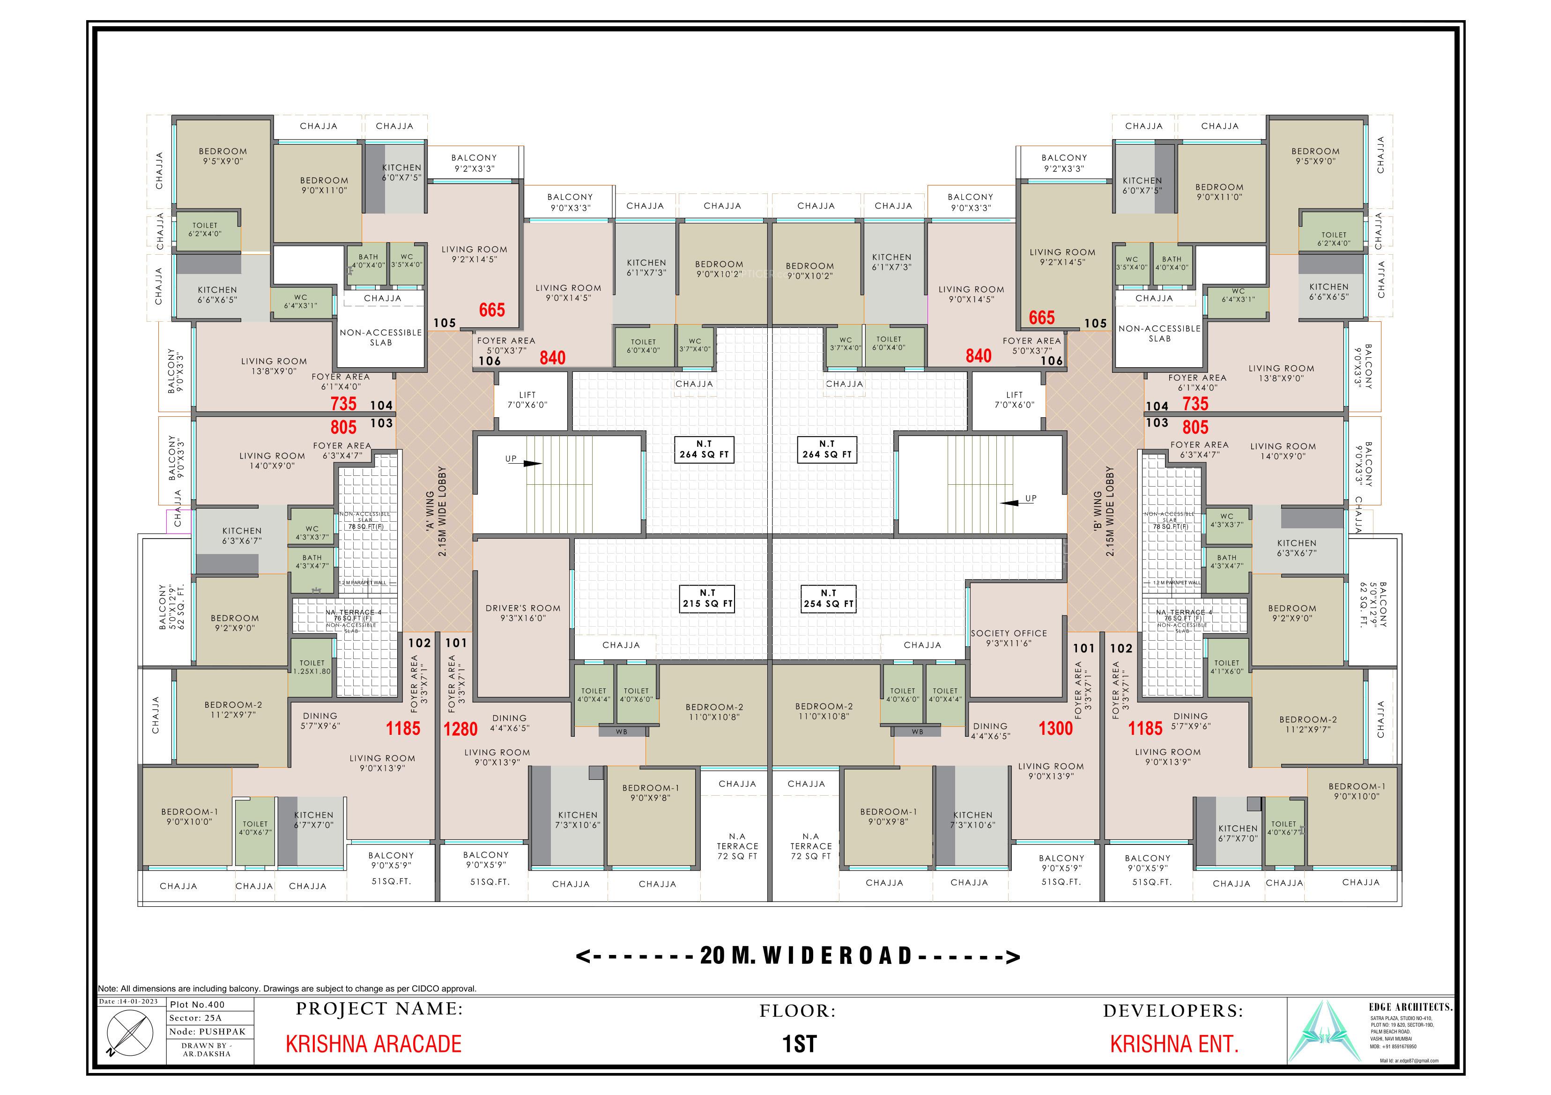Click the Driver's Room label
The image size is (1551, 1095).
click(523, 613)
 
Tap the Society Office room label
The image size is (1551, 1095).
click(1009, 638)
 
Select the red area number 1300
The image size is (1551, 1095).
click(1055, 728)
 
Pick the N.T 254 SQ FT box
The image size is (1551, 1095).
click(828, 599)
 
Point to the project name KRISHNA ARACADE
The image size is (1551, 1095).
click(373, 1043)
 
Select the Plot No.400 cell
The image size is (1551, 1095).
click(197, 1005)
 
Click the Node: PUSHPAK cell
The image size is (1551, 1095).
click(208, 1031)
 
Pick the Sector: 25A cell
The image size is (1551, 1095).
click(195, 1018)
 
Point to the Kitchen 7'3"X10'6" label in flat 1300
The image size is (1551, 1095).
click(973, 820)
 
